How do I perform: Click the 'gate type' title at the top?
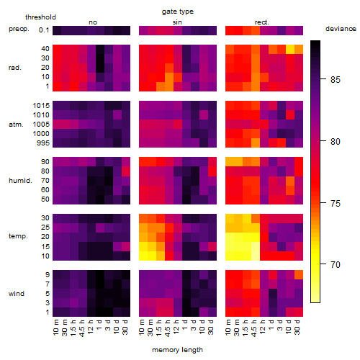(178, 12)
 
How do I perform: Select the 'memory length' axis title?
(177, 350)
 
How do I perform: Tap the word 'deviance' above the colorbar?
(341, 29)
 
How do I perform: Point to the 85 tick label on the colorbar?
(336, 79)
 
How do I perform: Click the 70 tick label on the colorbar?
(336, 265)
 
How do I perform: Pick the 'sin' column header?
(177, 22)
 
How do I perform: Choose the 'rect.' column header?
(261, 22)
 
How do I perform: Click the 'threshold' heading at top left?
(40, 17)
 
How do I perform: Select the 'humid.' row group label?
(20, 181)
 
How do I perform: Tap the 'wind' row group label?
(17, 294)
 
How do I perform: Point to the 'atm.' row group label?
(16, 125)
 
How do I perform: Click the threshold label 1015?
(41, 106)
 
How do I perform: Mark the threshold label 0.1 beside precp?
(44, 30)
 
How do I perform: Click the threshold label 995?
(43, 143)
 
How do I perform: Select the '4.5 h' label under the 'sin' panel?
(168, 328)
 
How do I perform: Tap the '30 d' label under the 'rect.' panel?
(297, 327)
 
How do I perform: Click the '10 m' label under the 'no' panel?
(55, 328)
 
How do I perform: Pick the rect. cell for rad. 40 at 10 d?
(290, 49)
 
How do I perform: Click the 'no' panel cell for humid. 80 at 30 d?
(126, 171)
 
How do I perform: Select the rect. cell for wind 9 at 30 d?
(299, 275)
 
